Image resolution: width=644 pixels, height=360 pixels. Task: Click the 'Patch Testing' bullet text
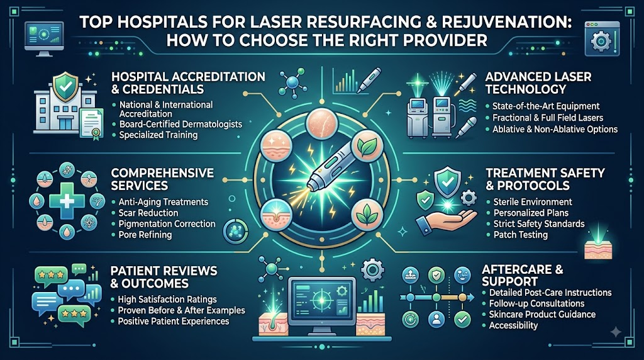pyautogui.click(x=520, y=235)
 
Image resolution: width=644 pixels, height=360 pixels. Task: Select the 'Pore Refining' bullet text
pyautogui.click(x=145, y=235)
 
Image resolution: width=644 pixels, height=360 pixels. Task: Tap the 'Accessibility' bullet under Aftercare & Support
pyautogui.click(x=513, y=325)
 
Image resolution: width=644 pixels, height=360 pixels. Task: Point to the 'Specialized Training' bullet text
pyautogui.click(x=158, y=135)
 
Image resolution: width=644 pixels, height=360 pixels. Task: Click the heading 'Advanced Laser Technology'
pyautogui.click(x=538, y=82)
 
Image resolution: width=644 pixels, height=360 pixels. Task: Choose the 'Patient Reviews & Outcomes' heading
pyautogui.click(x=164, y=277)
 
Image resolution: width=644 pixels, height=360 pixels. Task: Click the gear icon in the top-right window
pyautogui.click(x=601, y=41)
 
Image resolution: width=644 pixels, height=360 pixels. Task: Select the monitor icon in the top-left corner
pyautogui.click(x=44, y=38)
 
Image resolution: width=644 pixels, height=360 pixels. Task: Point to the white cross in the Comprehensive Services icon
pyautogui.click(x=67, y=201)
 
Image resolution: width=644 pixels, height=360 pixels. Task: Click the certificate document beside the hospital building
pyautogui.click(x=91, y=124)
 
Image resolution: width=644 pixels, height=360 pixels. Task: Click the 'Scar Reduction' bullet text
pyautogui.click(x=148, y=213)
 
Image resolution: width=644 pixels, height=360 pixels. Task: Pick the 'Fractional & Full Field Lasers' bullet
pyautogui.click(x=548, y=118)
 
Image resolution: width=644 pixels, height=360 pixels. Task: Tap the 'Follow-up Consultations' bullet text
pyautogui.click(x=537, y=304)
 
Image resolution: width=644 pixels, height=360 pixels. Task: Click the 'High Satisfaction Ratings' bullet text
pyautogui.click(x=167, y=299)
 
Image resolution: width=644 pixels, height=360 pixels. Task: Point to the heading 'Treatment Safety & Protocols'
pyautogui.click(x=545, y=179)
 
